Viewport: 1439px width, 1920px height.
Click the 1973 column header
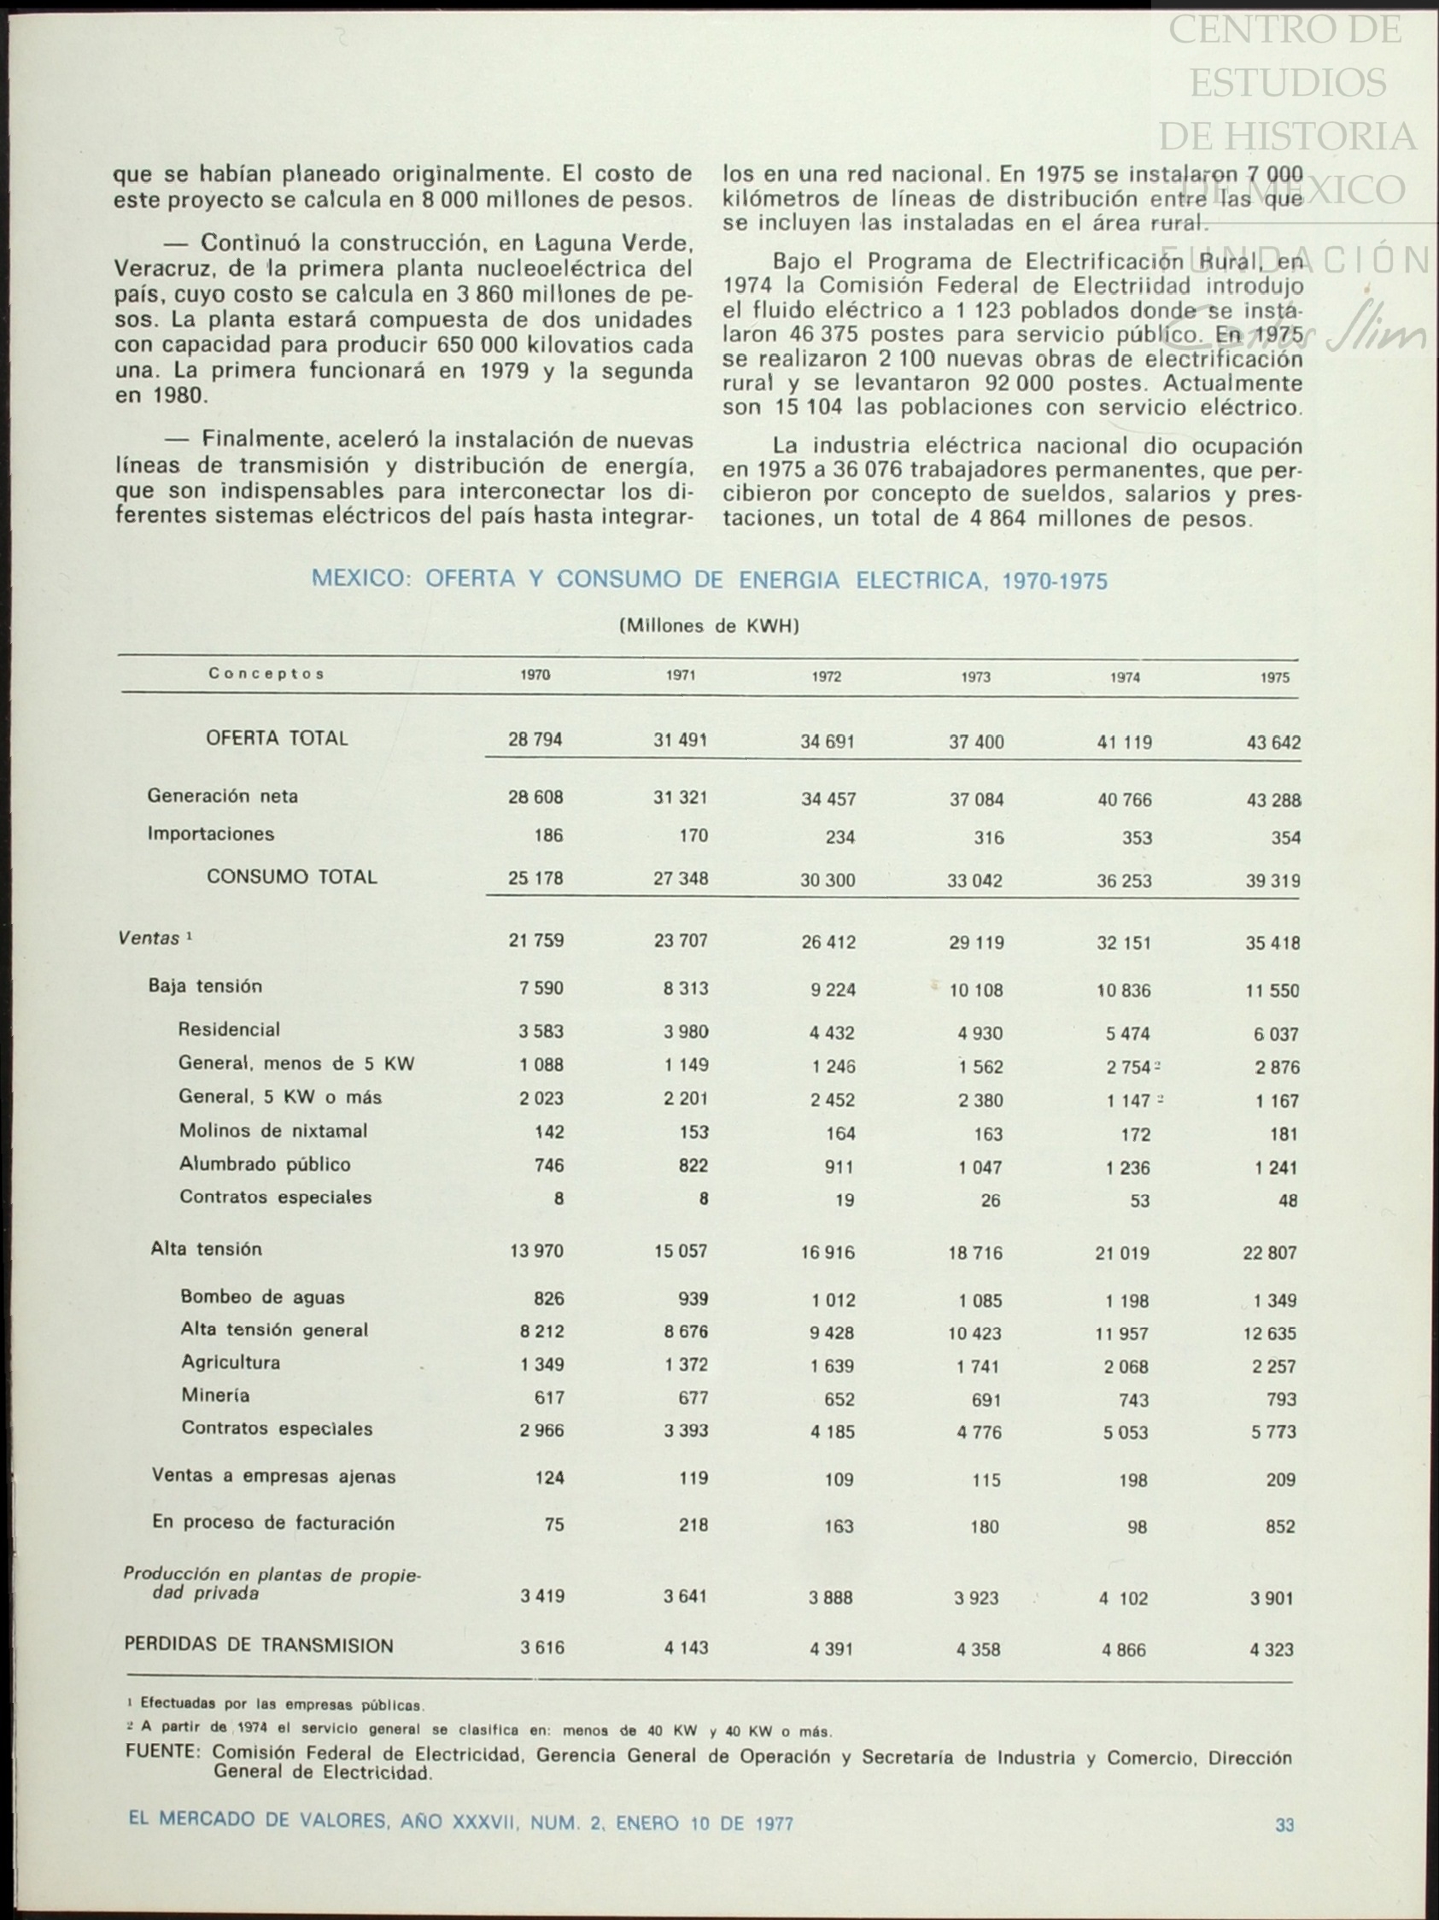pos(975,677)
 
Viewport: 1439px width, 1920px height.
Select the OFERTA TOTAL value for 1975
pos(1272,743)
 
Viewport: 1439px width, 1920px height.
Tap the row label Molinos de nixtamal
pos(273,1131)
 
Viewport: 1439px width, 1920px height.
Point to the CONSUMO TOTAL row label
pos(291,876)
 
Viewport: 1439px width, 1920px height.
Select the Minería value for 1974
pos(1133,1399)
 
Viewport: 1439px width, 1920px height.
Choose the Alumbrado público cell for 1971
pos(693,1166)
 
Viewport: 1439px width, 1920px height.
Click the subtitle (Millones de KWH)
pos(709,626)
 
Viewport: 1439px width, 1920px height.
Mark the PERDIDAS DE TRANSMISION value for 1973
pos(978,1649)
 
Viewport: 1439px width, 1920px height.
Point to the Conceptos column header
pos(266,674)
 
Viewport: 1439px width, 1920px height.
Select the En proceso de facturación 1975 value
pos(1280,1526)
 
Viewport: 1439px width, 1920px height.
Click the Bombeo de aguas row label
pos(262,1297)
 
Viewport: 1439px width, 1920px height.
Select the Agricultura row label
pos(231,1362)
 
